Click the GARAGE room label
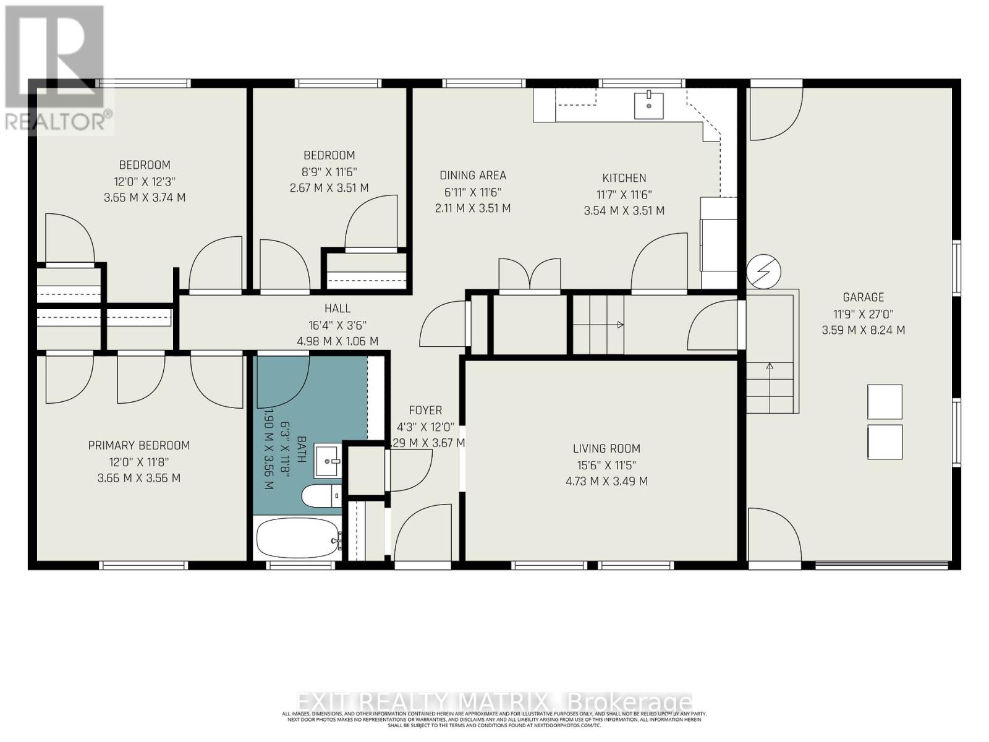coord(863,297)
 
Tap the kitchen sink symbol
coord(648,105)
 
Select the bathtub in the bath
coord(297,539)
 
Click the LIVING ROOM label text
coord(606,448)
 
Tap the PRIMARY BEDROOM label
coord(138,445)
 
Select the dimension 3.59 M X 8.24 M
coord(863,330)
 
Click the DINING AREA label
coord(473,176)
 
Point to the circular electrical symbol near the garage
coord(763,271)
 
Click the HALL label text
coord(337,308)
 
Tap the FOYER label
coord(425,410)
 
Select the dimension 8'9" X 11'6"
coord(329,171)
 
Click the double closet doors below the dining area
coord(530,275)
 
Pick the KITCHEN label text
coord(624,178)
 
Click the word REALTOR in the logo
coord(56,121)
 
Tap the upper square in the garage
coord(885,402)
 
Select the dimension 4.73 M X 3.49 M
coord(606,481)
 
